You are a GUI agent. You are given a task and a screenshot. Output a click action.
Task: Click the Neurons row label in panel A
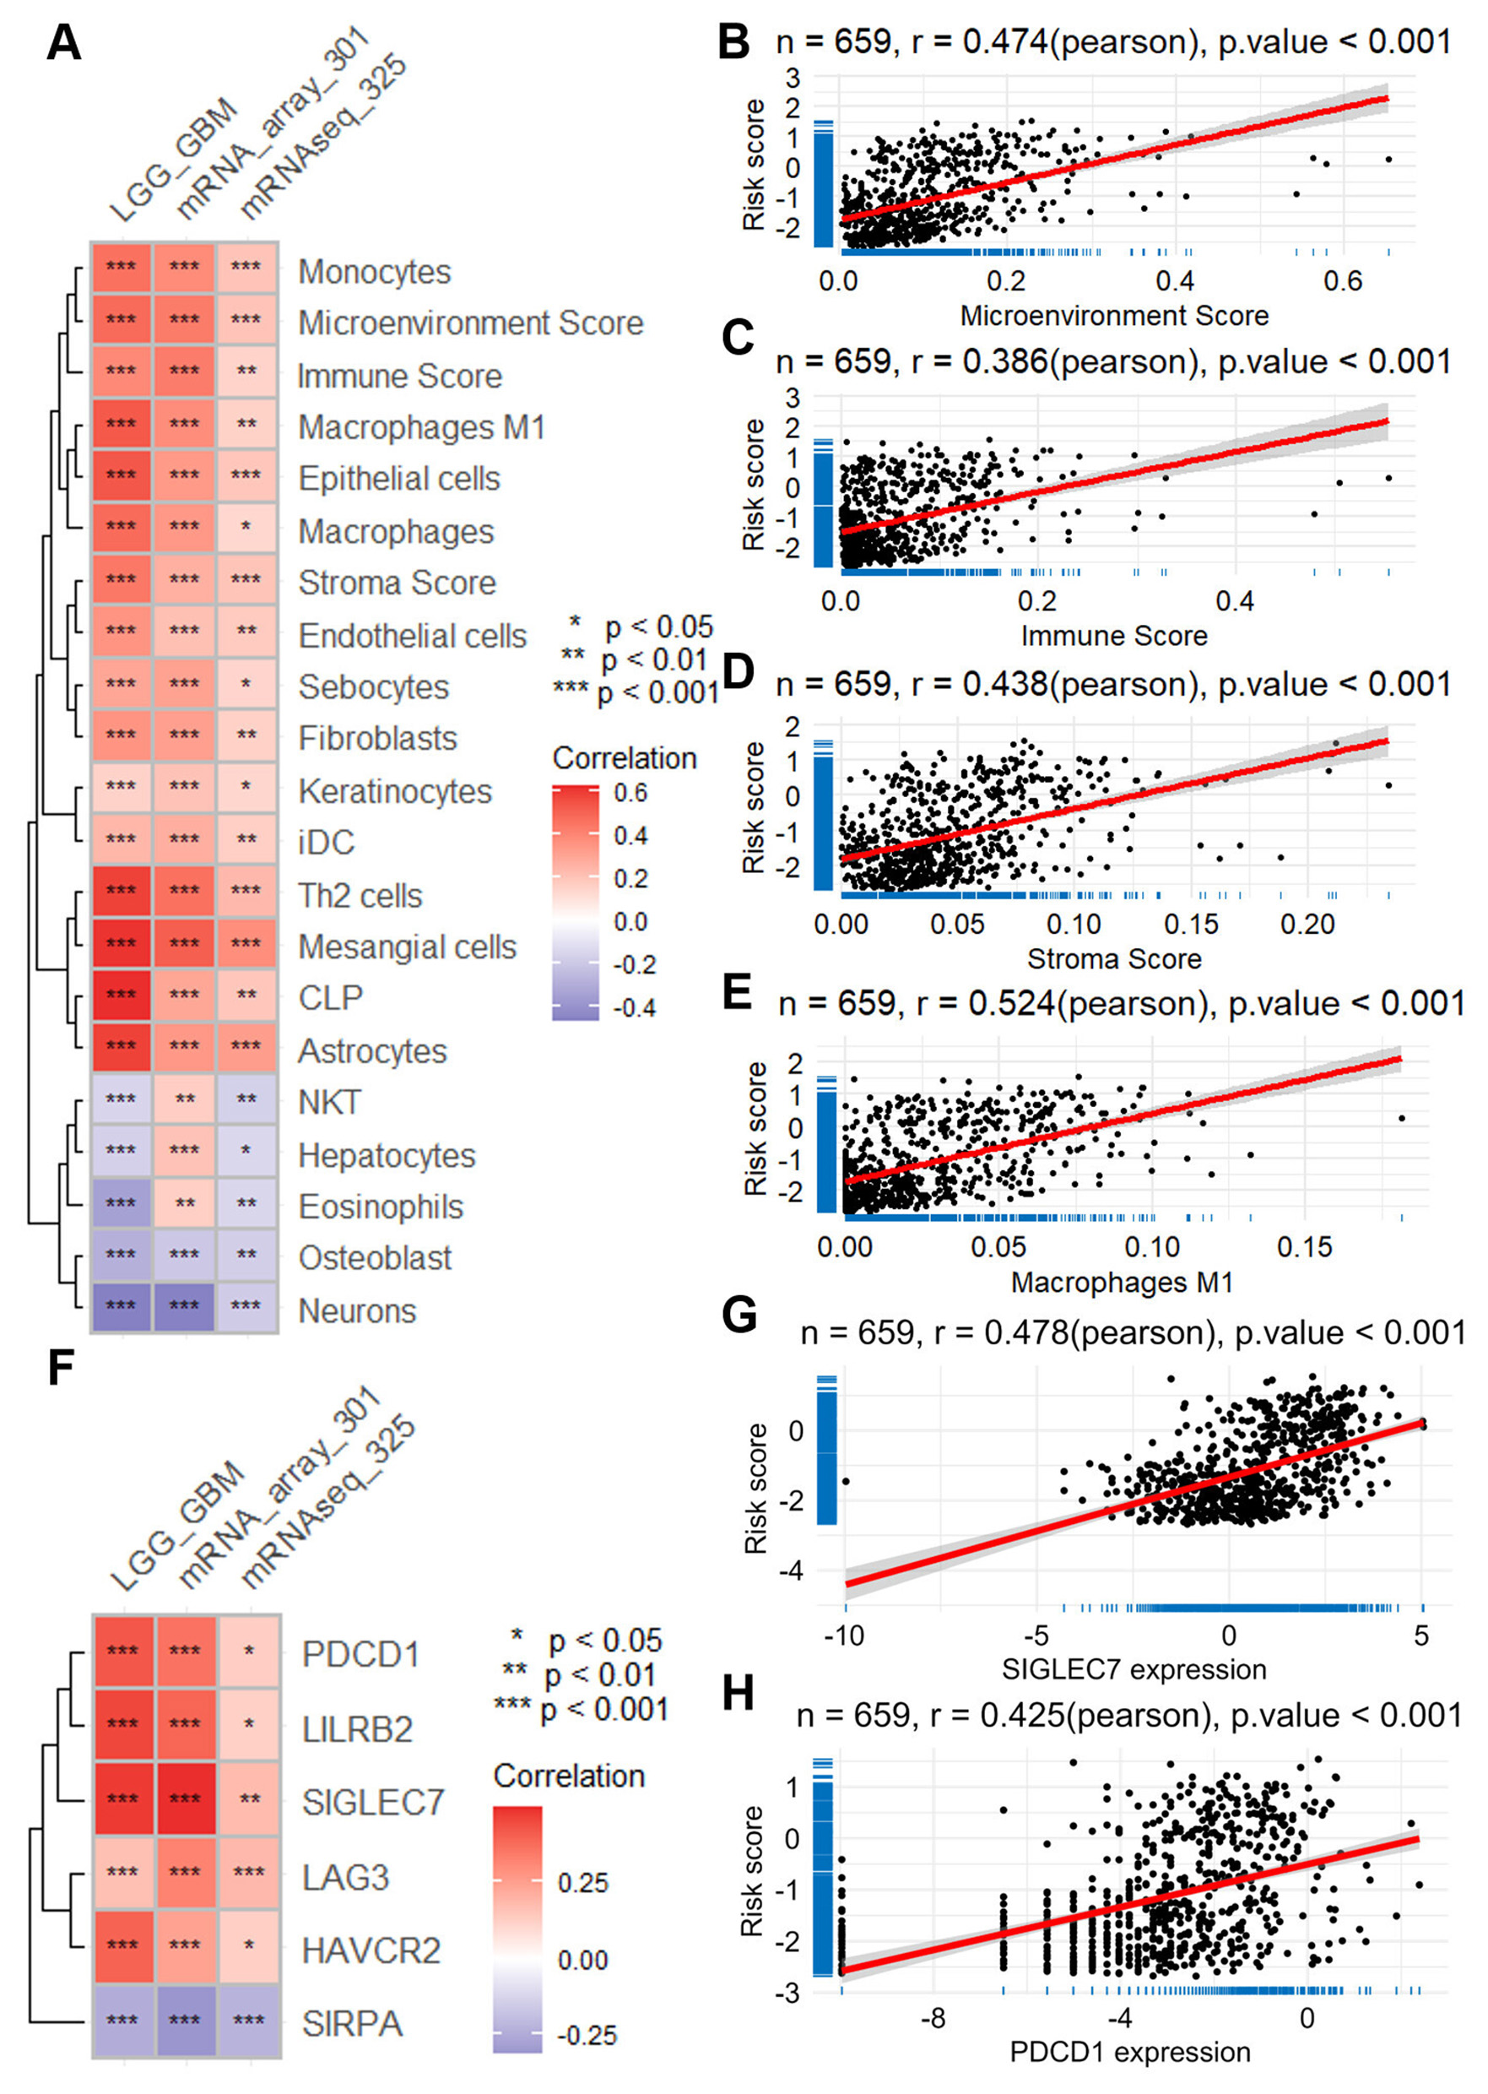(x=357, y=1310)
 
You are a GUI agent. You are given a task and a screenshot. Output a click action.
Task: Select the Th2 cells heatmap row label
(x=360, y=895)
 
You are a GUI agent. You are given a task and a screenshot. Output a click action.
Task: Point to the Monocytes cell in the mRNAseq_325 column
(x=246, y=267)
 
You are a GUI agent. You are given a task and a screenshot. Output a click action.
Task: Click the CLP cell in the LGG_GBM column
(x=121, y=995)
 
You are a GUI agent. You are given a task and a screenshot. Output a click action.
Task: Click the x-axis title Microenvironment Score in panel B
(x=1114, y=316)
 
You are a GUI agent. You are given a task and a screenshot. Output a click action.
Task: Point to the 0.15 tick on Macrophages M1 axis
(x=1305, y=1246)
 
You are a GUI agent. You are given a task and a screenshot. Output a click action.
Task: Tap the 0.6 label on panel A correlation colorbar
(x=630, y=793)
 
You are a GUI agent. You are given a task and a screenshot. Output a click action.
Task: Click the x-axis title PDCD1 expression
(x=1130, y=2052)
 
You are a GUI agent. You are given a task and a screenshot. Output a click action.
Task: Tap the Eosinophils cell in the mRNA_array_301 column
(x=184, y=1203)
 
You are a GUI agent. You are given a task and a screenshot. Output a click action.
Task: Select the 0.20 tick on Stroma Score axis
(x=1307, y=924)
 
